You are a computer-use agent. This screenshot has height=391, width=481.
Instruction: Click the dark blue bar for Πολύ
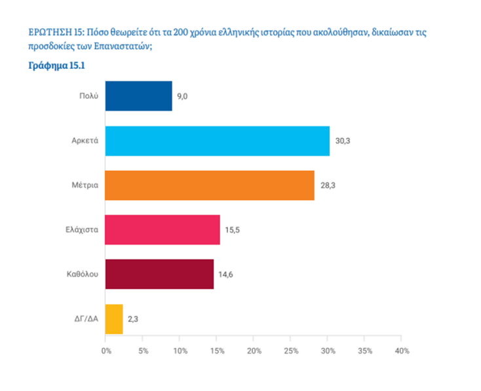[x=138, y=96]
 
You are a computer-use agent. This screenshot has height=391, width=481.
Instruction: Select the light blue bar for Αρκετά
[x=217, y=141]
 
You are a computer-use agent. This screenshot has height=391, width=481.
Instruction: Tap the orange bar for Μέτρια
[x=210, y=185]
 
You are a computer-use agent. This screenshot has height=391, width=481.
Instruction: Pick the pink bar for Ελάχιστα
[x=163, y=230]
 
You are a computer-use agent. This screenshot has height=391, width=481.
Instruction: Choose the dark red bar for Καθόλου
[x=159, y=274]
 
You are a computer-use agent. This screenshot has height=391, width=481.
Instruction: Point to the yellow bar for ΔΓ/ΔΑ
[x=113, y=318]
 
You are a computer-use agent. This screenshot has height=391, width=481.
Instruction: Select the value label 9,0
[x=182, y=96]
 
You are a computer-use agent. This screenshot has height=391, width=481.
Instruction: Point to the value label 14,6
[x=227, y=274]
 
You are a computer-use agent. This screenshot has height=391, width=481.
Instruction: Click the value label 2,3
[x=133, y=319]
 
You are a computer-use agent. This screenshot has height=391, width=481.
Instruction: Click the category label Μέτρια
[x=85, y=185]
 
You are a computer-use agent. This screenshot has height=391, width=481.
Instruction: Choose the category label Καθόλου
[x=82, y=274]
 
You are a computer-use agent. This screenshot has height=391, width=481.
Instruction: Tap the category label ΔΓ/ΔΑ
[x=85, y=319]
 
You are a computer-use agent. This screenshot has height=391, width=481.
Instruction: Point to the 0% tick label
[x=106, y=351]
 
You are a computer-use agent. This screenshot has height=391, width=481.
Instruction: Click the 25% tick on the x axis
[x=291, y=351]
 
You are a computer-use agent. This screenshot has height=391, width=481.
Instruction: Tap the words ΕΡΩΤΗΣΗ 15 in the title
[x=56, y=32]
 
